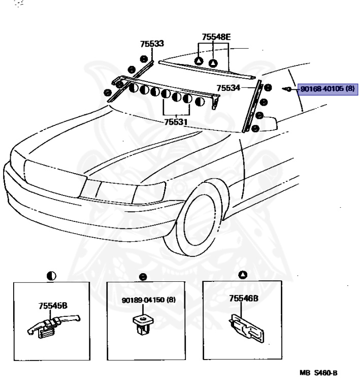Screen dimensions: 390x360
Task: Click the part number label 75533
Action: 152,45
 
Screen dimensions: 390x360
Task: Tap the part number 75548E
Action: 216,37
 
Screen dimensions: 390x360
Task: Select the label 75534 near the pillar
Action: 228,88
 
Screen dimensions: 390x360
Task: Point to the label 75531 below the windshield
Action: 175,122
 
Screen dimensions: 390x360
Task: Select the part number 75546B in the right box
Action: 244,299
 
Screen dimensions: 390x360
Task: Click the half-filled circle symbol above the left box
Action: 51,276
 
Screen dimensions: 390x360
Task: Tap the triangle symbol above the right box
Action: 243,275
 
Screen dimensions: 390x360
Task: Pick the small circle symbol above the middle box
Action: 144,277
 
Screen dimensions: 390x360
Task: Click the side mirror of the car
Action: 267,122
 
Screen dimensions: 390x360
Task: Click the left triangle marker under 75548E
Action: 199,61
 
